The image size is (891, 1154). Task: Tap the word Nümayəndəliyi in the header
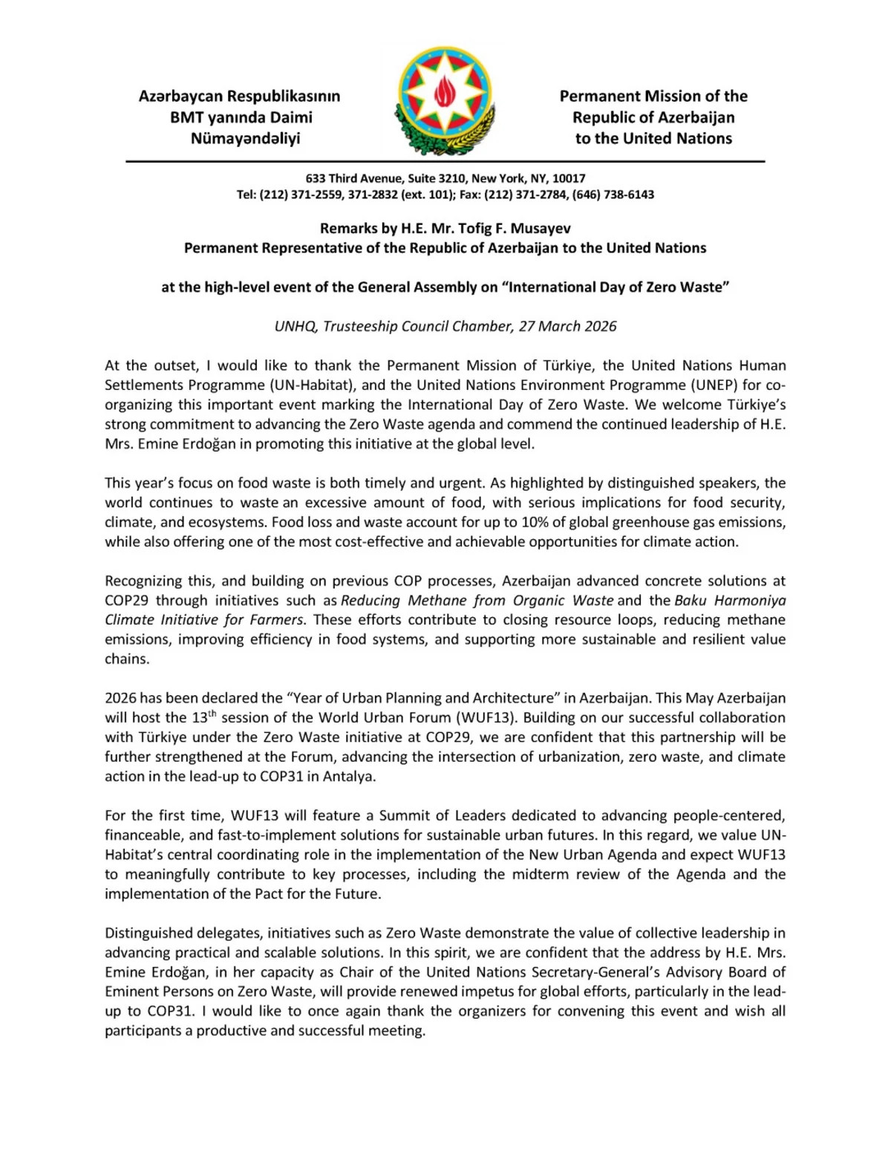click(x=245, y=138)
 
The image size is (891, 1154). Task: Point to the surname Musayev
click(x=541, y=228)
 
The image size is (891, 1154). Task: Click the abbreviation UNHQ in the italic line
click(x=295, y=326)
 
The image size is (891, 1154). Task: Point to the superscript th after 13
click(x=212, y=714)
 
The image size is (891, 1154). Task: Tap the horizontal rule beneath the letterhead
click(x=446, y=161)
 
